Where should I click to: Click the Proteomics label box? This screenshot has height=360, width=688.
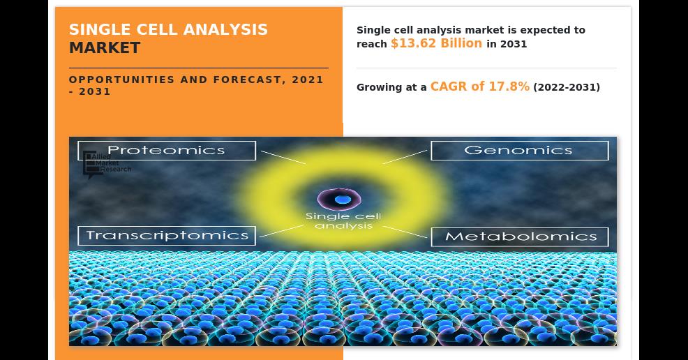[167, 151]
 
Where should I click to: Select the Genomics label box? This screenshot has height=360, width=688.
[520, 151]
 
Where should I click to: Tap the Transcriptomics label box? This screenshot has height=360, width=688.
[167, 236]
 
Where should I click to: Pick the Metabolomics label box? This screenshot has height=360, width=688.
[520, 237]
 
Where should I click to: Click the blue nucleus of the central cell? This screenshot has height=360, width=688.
[342, 200]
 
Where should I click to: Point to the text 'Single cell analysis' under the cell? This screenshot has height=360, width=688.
[343, 221]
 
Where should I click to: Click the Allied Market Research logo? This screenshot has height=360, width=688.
[107, 164]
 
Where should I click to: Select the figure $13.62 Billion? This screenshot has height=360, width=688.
[436, 43]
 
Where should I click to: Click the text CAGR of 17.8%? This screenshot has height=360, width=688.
[479, 86]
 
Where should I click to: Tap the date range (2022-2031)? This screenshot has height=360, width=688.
[567, 87]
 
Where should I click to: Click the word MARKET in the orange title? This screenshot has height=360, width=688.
[105, 48]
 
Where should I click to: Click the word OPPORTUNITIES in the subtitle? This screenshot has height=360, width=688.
[122, 80]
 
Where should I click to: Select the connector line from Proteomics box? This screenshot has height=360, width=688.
[283, 158]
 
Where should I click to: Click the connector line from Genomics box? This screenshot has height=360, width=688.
[405, 157]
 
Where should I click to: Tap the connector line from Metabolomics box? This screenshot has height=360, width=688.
[405, 232]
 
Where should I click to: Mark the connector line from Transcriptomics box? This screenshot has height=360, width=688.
[282, 231]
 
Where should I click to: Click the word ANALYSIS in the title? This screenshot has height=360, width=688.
[225, 29]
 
